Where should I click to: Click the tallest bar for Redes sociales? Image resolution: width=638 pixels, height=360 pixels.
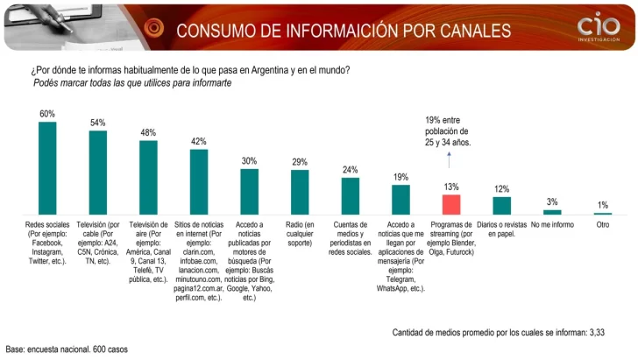pos(47,167)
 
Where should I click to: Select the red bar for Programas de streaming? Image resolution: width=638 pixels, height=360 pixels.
pos(451,204)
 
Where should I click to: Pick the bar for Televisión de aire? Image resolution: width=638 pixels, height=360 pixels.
pos(148,177)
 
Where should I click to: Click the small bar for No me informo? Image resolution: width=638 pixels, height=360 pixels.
pos(552,212)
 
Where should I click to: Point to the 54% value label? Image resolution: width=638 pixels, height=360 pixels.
pos(98,124)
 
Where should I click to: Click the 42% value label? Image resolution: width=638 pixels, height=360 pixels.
pos(199,142)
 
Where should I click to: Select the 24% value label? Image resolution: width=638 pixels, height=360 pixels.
pos(351,170)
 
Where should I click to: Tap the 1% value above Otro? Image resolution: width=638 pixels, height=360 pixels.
pos(603,205)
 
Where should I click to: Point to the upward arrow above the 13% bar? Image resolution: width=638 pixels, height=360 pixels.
pos(450,159)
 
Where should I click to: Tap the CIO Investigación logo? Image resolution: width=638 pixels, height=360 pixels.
pos(599,29)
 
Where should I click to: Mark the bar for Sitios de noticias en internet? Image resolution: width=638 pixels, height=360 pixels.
pos(199,182)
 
